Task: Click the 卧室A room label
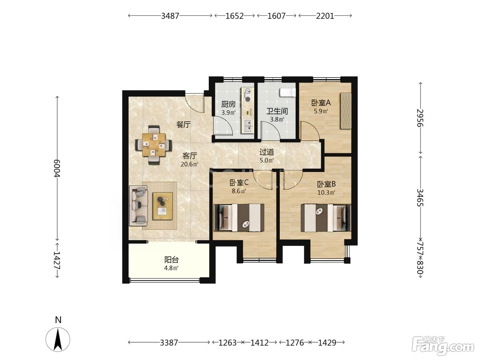coord(321,103)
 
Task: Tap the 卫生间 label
coord(277,111)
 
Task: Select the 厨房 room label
coord(228,104)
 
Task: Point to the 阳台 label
coord(171,260)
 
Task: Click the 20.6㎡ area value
coord(189,164)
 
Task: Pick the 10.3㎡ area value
coord(326,193)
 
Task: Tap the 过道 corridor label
coord(266,152)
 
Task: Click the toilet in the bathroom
coord(287,93)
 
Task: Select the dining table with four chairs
coord(154,145)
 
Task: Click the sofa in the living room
coord(138,206)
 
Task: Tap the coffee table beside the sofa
coord(163,206)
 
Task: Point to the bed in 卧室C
coord(239,218)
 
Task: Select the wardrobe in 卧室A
coord(346,111)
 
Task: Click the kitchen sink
coord(248,126)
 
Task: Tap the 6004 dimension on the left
coord(57,168)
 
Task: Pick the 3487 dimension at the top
coord(170,16)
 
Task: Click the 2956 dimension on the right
coord(420,118)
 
